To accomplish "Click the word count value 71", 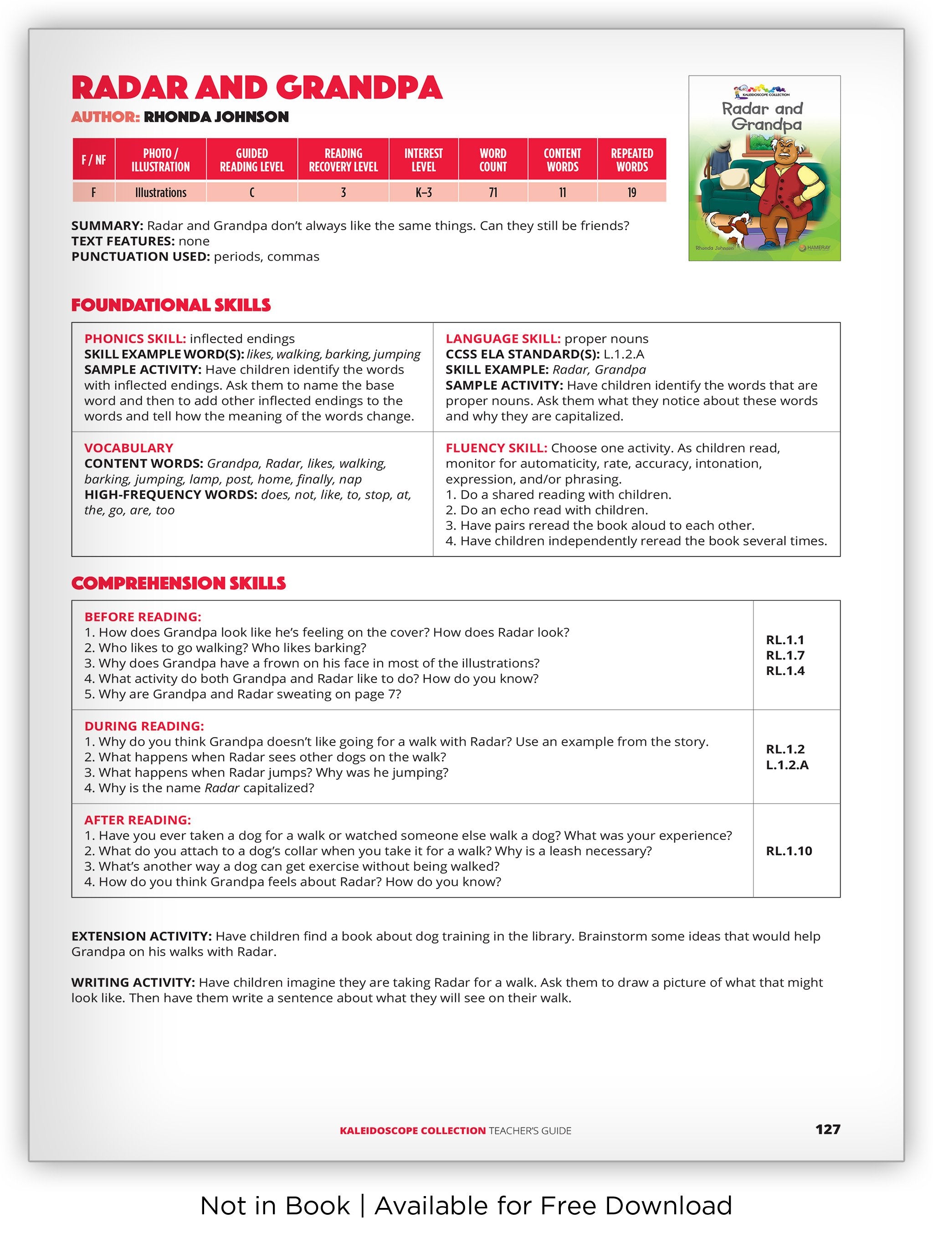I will (x=493, y=193).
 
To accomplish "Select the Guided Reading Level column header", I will (x=252, y=160).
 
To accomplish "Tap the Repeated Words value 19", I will (x=632, y=193).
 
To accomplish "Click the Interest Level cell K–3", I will (x=423, y=193).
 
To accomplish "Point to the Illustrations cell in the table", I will (x=160, y=193).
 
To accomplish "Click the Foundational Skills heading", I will (x=171, y=305).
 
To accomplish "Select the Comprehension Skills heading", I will (x=178, y=583).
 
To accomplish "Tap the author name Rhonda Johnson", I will (x=216, y=117).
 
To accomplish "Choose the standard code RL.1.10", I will (x=789, y=851).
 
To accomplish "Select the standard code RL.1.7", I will (x=785, y=655).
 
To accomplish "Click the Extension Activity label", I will (x=141, y=936).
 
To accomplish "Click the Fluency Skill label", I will (x=496, y=448).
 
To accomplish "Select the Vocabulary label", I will (x=128, y=448).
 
